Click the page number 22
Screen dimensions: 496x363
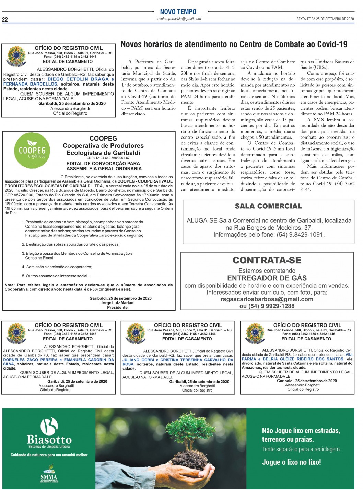[5, 19]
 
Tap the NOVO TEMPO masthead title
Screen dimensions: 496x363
[178, 12]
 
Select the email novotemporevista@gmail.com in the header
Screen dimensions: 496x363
[178, 19]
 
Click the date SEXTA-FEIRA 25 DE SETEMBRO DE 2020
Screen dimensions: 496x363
[325, 19]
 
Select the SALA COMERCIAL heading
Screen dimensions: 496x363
[268, 206]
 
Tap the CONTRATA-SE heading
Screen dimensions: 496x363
[267, 260]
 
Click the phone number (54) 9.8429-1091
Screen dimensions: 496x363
[301, 235]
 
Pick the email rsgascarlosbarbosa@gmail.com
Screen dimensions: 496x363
[267, 299]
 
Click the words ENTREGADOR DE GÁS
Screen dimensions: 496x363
[267, 278]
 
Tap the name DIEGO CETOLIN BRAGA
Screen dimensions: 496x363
[78, 79]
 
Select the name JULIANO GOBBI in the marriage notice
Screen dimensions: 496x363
[138, 360]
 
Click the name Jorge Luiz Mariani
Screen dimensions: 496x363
[117, 303]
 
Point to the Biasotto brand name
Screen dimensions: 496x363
[49, 440]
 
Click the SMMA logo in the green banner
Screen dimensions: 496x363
[49, 474]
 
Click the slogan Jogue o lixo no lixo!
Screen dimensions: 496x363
[291, 462]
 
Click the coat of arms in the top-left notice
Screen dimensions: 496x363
[16, 56]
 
